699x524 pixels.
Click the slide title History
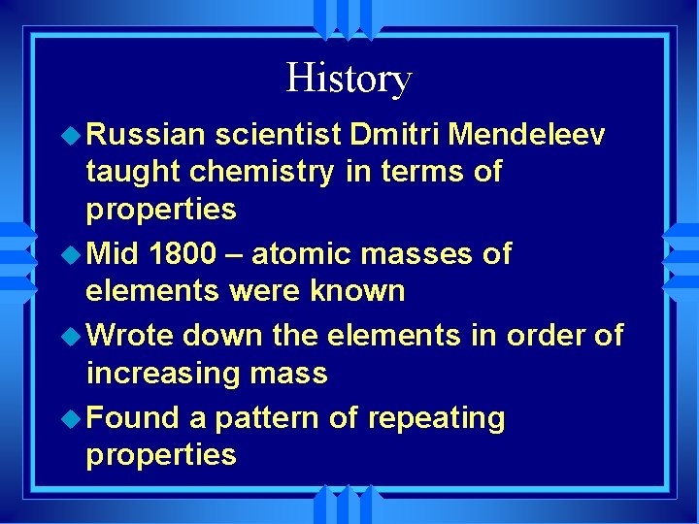pyautogui.click(x=349, y=79)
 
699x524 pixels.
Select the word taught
pyautogui.click(x=134, y=172)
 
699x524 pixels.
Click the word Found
pyautogui.click(x=135, y=418)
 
